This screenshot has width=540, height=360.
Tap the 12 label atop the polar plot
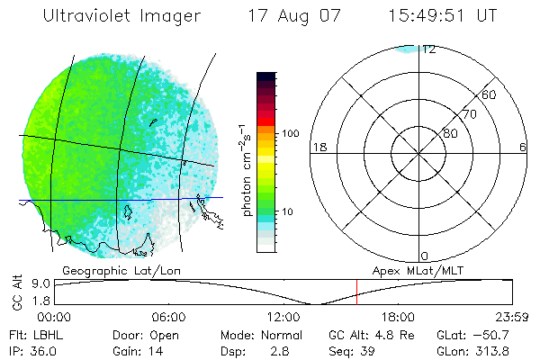coord(429,49)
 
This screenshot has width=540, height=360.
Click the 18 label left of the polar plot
coord(318,147)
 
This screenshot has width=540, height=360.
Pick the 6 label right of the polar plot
coord(523,147)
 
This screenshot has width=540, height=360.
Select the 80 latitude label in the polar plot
coord(450,133)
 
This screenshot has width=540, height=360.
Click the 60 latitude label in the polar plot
coord(490,94)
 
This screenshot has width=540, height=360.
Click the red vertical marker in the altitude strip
coord(356,292)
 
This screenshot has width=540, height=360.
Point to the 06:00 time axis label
coord(168,317)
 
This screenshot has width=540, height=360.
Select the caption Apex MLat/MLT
coord(415,270)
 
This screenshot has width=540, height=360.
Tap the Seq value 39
coord(367,351)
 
